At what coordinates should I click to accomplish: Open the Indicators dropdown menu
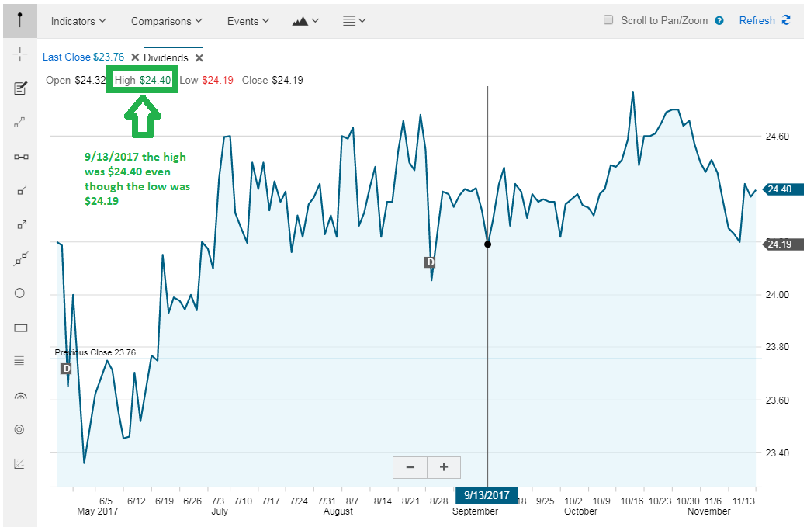pyautogui.click(x=78, y=21)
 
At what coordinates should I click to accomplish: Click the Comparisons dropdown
pyautogui.click(x=166, y=21)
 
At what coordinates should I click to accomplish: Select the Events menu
pyautogui.click(x=248, y=21)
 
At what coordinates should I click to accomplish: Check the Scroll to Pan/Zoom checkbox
pyautogui.click(x=608, y=20)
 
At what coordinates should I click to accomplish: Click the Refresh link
pyautogui.click(x=764, y=21)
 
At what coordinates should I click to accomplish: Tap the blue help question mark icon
pyautogui.click(x=719, y=21)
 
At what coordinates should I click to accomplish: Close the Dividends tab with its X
pyautogui.click(x=199, y=57)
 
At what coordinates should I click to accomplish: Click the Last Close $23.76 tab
pyautogui.click(x=83, y=57)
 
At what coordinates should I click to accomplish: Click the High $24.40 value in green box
pyautogui.click(x=143, y=80)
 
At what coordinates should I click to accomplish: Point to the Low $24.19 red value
pyautogui.click(x=218, y=80)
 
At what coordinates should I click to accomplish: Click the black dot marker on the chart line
pyautogui.click(x=487, y=244)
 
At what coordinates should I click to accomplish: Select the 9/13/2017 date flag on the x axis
pyautogui.click(x=487, y=496)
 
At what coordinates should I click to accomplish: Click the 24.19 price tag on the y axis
pyautogui.click(x=782, y=244)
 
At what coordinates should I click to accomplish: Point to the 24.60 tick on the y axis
pyautogui.click(x=778, y=137)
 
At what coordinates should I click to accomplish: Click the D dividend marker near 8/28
pyautogui.click(x=430, y=262)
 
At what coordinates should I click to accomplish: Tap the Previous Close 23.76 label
pyautogui.click(x=95, y=352)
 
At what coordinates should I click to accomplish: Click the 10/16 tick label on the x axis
pyautogui.click(x=632, y=501)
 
